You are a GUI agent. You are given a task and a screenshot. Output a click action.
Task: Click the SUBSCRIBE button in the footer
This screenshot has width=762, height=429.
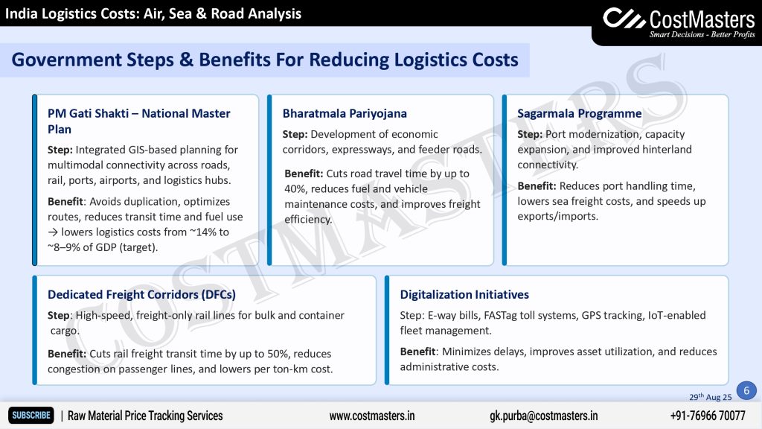coord(31,416)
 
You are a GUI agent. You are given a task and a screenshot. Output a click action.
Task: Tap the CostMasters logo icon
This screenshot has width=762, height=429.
coord(624,19)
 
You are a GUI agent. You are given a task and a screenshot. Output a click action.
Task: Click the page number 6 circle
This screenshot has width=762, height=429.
coord(746,390)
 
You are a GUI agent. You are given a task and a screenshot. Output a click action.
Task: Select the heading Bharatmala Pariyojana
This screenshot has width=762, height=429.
coord(345,113)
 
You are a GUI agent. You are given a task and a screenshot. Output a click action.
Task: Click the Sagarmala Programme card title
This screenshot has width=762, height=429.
coord(579,113)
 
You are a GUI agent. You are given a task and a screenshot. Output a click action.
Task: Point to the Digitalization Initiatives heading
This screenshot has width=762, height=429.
coord(464,294)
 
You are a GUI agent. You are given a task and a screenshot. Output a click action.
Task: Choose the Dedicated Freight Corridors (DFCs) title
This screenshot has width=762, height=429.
coord(141,294)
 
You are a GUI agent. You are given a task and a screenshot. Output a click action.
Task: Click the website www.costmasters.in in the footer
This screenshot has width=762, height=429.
coord(372,416)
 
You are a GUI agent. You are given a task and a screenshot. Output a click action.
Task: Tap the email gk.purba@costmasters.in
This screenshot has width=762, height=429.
coord(543,416)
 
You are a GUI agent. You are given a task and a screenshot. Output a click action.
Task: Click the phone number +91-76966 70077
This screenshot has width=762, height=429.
coord(708,416)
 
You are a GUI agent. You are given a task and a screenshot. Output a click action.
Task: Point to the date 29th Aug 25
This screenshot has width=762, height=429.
coord(710,396)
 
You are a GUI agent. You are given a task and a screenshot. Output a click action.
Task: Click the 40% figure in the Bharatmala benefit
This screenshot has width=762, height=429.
coord(295,188)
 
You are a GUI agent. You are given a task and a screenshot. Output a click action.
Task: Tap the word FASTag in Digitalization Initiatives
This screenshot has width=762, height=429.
coord(500,315)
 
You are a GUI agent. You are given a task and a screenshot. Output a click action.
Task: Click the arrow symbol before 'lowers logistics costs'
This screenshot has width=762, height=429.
coord(53,232)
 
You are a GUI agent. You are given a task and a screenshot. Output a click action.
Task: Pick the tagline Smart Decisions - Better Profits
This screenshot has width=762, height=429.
coord(702,34)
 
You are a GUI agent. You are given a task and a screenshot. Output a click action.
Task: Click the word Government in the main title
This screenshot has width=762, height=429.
coord(66,60)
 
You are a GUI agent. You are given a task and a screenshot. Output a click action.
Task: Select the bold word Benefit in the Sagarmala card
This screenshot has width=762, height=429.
coord(537,185)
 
